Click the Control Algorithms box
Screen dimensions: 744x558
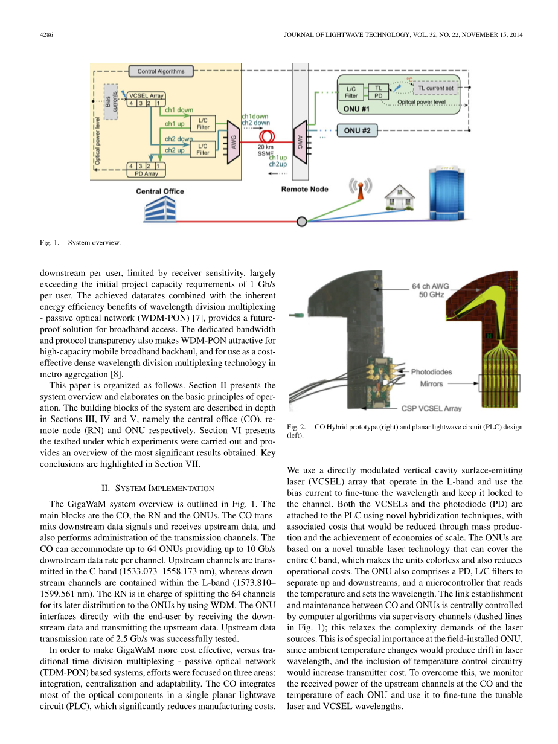[161, 71]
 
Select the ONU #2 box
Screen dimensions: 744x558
[357, 130]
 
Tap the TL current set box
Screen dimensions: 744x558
[435, 88]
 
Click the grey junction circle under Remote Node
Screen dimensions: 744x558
[301, 222]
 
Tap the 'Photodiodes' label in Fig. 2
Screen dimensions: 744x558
[431, 371]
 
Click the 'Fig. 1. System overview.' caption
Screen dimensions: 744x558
[80, 243]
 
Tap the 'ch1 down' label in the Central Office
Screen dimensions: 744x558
[179, 110]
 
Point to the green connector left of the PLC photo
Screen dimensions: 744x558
[295, 315]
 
